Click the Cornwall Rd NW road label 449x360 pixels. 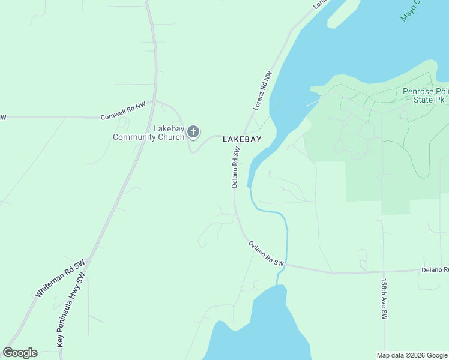pos(123,112)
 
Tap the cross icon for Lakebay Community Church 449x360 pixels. pos(193,131)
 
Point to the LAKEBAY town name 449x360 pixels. pos(243,139)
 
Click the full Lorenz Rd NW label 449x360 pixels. pos(263,91)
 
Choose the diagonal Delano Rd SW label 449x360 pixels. pos(266,254)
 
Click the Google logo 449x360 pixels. pos(20,353)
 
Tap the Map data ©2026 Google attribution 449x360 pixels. pos(412,355)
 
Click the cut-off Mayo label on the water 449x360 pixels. pos(410,11)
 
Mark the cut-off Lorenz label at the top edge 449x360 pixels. pos(321,4)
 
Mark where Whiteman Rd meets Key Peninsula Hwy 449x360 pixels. pos(88,261)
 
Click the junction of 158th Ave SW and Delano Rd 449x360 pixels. pos(382,272)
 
